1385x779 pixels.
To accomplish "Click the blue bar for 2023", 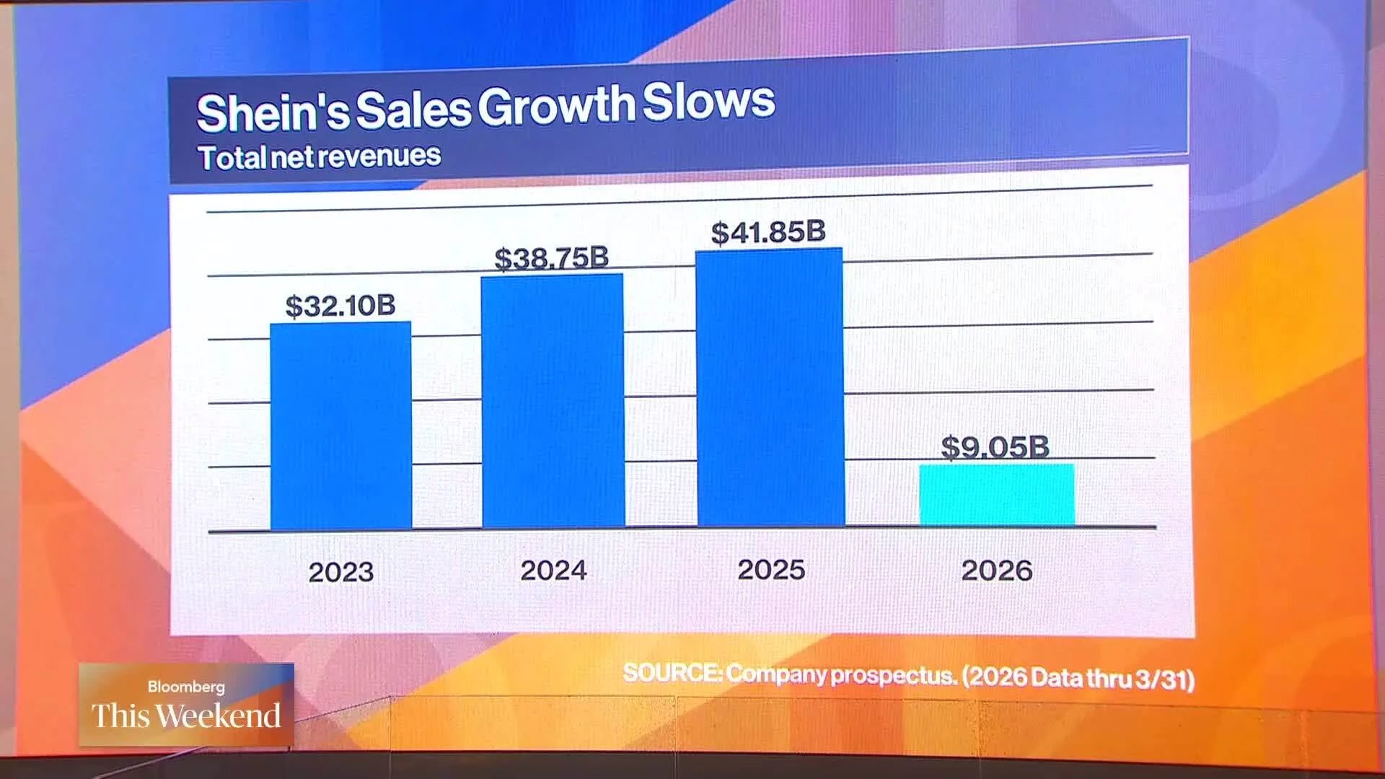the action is [340, 426].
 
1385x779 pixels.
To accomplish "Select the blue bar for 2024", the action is [553, 401].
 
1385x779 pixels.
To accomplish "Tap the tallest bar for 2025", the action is [770, 387].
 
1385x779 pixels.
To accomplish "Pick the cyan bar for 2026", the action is [997, 495].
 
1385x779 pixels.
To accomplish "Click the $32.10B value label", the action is [340, 306].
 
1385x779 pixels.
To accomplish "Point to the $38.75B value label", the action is [552, 258].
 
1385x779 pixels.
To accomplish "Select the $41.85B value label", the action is [768, 232].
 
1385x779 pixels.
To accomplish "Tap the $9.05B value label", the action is [995, 447].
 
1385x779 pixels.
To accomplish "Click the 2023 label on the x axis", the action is [341, 573].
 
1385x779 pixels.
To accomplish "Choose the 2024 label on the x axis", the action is [553, 571].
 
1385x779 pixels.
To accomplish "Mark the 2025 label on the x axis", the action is [771, 570].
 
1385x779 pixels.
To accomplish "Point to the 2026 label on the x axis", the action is [997, 571].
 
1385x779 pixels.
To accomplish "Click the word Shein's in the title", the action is [273, 113].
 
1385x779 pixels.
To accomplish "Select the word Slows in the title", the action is [708, 102].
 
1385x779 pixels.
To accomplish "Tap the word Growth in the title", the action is [556, 106].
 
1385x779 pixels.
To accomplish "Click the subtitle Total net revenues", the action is [320, 157].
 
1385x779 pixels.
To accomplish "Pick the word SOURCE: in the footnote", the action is [672, 673].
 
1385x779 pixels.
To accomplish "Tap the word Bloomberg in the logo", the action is [186, 687].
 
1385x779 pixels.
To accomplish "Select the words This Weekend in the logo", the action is [186, 716].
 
